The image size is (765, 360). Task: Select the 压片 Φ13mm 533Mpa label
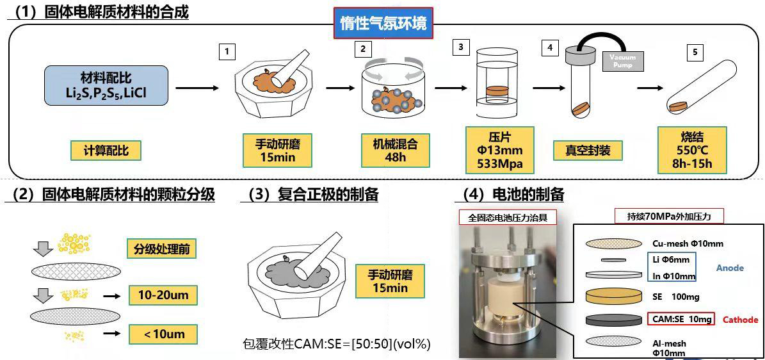(499, 151)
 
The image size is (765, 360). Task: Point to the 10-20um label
(162, 295)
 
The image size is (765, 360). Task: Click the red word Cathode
(740, 320)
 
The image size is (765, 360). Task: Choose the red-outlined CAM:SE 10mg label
(679, 319)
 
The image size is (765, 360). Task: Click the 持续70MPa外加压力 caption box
(669, 217)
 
